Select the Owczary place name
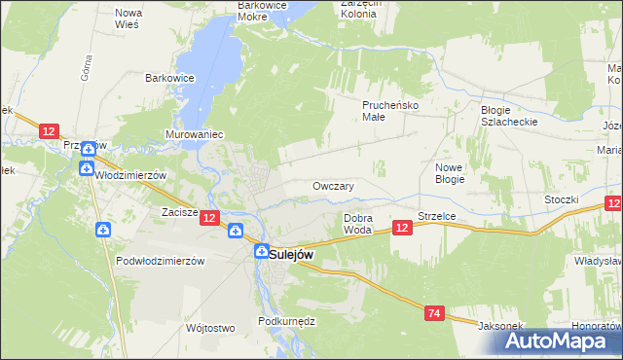[x=333, y=186]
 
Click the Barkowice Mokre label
[x=266, y=10]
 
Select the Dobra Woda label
[x=358, y=225]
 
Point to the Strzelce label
[x=437, y=216]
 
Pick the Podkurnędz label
[x=282, y=321]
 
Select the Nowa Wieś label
[x=128, y=18]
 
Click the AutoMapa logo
[x=560, y=342]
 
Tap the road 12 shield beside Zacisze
[x=210, y=219]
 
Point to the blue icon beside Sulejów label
[x=261, y=251]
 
